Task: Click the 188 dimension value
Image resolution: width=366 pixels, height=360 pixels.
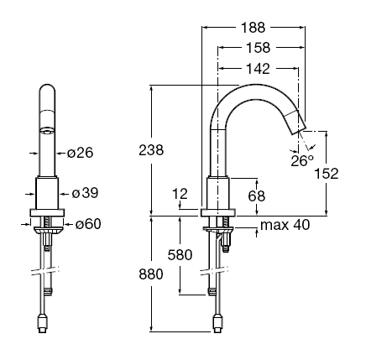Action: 253,28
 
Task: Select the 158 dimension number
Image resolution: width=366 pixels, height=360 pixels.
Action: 258,48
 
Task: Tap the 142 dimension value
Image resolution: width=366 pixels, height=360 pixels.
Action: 258,69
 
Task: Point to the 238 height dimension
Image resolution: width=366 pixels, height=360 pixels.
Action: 151,150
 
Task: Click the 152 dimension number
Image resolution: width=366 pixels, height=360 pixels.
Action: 327,174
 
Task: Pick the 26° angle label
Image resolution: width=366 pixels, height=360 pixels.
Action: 302,161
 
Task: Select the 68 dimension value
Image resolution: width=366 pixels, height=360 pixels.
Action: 256,196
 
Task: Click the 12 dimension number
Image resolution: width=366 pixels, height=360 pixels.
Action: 180,194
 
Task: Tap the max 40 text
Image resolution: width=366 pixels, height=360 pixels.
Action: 285,225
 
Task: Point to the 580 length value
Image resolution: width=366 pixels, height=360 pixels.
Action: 180,255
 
